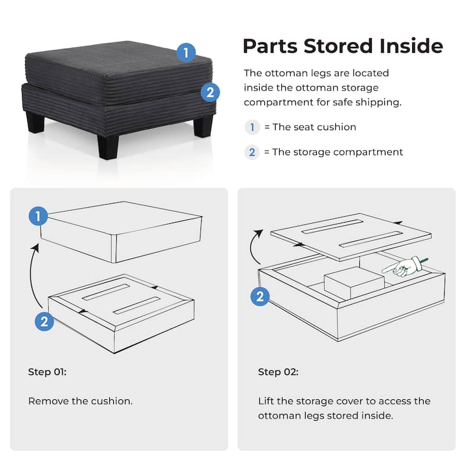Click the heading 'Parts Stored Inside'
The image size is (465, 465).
click(342, 45)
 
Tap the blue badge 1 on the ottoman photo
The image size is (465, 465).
click(185, 53)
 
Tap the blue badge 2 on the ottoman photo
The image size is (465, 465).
click(210, 92)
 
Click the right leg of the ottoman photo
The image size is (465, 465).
click(203, 126)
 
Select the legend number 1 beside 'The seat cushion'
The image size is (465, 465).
click(252, 127)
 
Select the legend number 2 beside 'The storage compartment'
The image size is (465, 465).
click(252, 152)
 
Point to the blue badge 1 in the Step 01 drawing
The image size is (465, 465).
click(38, 217)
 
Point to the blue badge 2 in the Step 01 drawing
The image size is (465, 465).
click(45, 321)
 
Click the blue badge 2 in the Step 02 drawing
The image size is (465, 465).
click(260, 297)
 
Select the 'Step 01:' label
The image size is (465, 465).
click(47, 372)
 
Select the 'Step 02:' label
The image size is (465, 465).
click(278, 372)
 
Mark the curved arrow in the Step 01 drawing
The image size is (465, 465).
click(35, 273)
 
